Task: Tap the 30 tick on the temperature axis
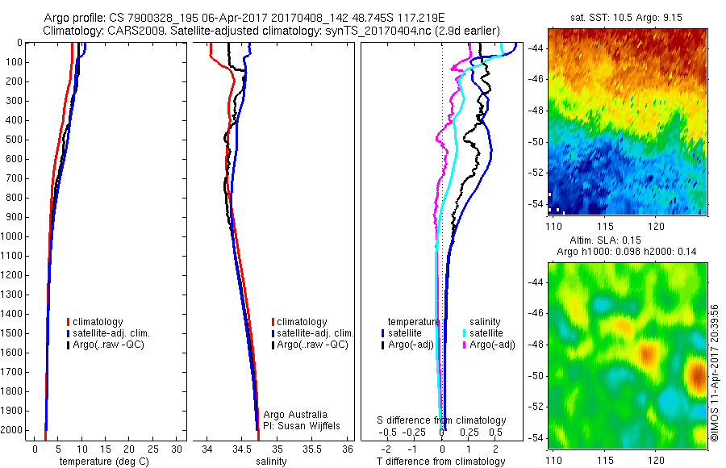[x=177, y=448]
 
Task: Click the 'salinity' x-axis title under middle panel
[x=272, y=462]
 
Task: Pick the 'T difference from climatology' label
[x=441, y=462]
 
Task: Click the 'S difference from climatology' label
[x=442, y=420]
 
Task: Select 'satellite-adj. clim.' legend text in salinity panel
[x=315, y=333]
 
